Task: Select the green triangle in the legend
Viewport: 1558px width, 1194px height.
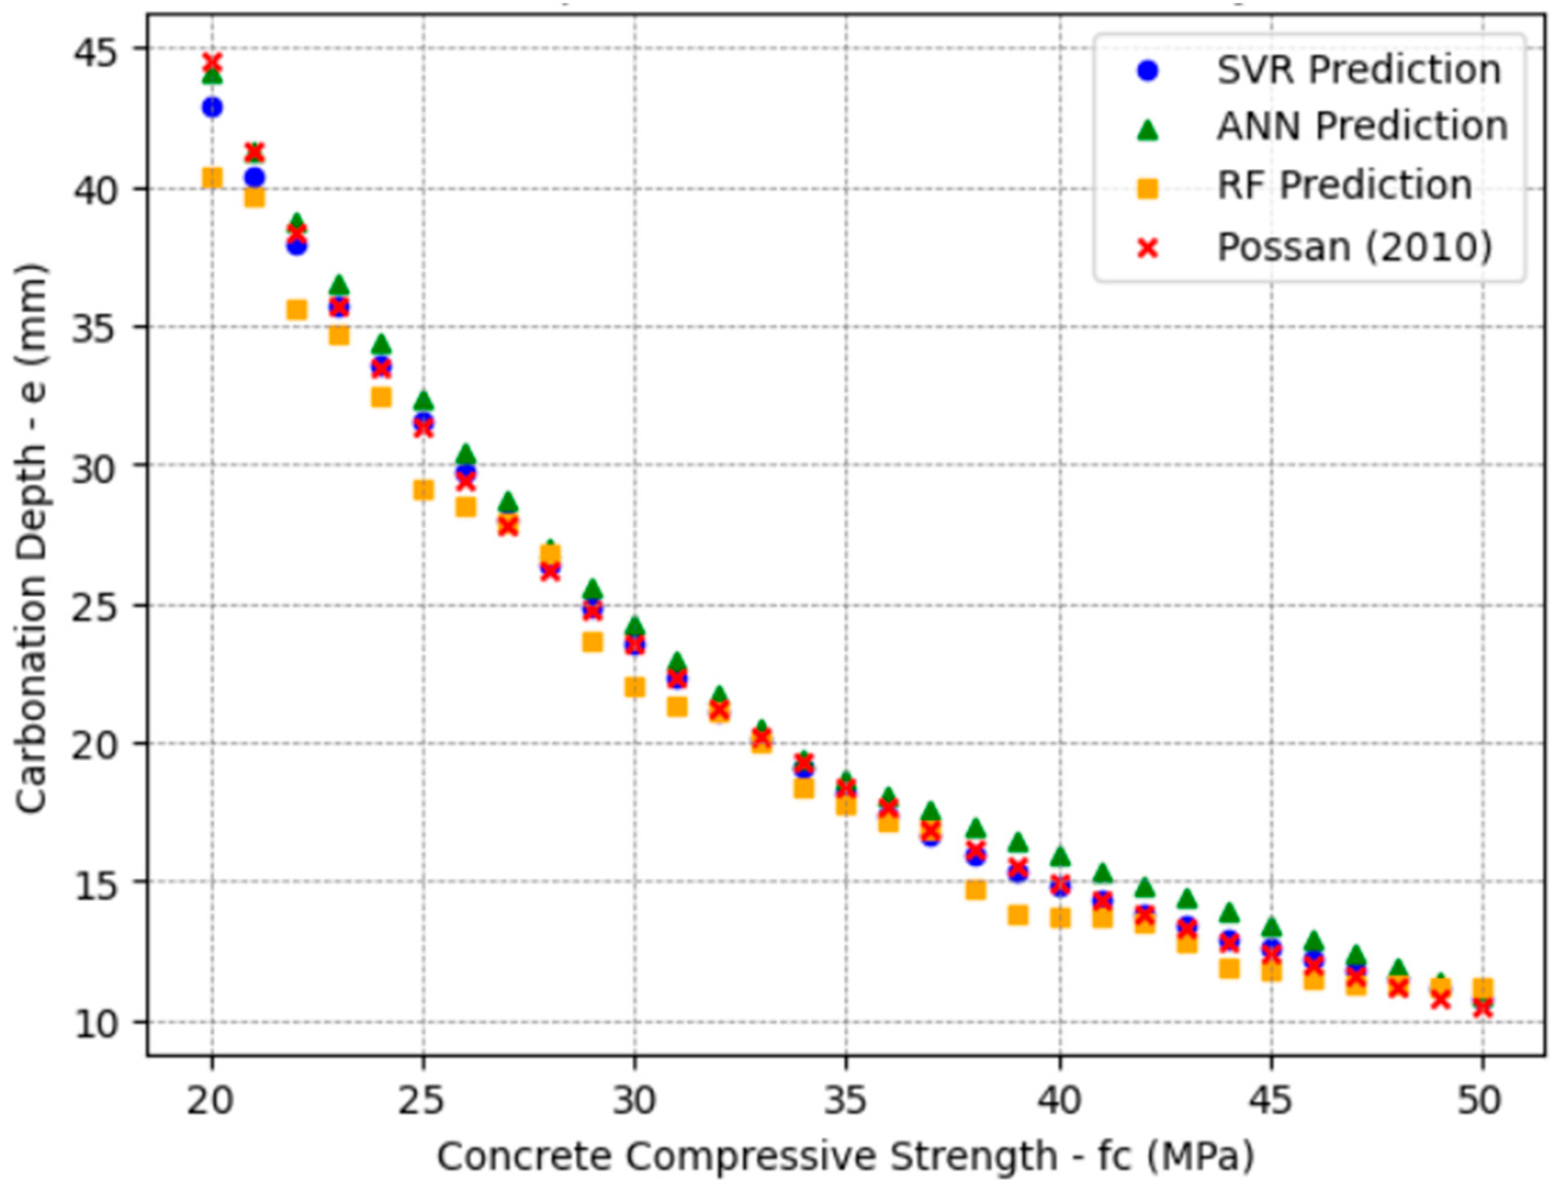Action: (x=1147, y=129)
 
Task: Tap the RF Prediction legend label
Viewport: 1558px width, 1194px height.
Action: (x=1344, y=185)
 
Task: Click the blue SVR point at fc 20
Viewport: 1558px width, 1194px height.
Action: (x=212, y=107)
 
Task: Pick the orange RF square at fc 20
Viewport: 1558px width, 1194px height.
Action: (x=212, y=177)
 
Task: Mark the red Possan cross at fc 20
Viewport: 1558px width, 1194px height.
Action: (x=212, y=62)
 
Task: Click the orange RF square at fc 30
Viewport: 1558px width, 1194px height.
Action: (x=634, y=688)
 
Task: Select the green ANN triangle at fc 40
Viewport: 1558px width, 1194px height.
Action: (x=1060, y=856)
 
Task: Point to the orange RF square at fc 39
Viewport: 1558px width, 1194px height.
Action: (x=1017, y=916)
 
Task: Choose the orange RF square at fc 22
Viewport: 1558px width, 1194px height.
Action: (x=296, y=310)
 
